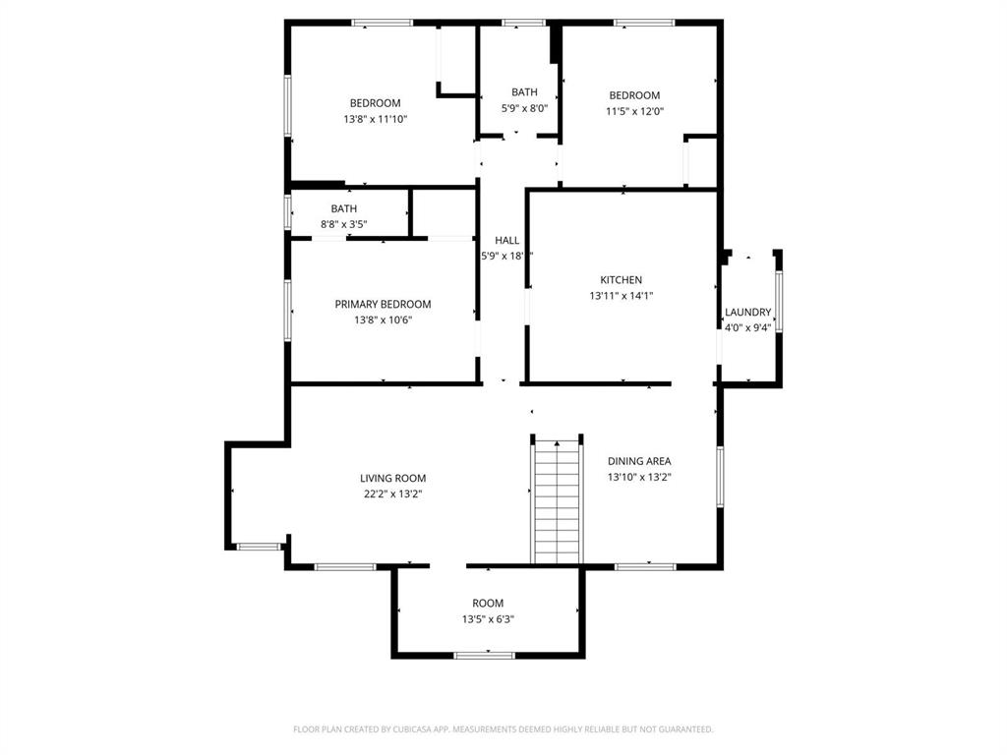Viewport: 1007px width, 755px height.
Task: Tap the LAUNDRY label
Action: tap(748, 313)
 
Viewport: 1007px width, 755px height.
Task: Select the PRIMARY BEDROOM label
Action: tap(383, 305)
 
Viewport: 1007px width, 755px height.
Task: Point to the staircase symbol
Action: tap(558, 501)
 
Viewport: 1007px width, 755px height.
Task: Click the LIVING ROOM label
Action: tap(392, 479)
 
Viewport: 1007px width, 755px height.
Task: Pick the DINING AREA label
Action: tap(639, 461)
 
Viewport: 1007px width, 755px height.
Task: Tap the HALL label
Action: tap(506, 241)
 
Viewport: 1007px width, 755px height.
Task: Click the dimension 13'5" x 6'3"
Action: tap(488, 619)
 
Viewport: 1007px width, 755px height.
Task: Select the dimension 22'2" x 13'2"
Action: tap(392, 494)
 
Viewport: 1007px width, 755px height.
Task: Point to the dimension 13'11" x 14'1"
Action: tap(622, 296)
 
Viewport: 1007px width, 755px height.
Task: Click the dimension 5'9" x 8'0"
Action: tap(524, 108)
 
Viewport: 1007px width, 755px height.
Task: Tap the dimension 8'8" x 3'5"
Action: tap(344, 224)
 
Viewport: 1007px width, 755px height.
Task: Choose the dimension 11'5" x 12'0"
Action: tap(634, 111)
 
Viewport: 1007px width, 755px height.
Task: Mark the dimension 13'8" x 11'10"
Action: tap(375, 119)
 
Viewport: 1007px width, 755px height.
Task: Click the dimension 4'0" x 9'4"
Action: tap(748, 328)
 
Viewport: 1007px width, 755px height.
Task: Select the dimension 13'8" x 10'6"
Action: tap(383, 319)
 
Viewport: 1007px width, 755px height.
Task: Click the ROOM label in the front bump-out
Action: tap(488, 604)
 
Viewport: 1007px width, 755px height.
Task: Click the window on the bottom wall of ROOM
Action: tap(485, 655)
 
